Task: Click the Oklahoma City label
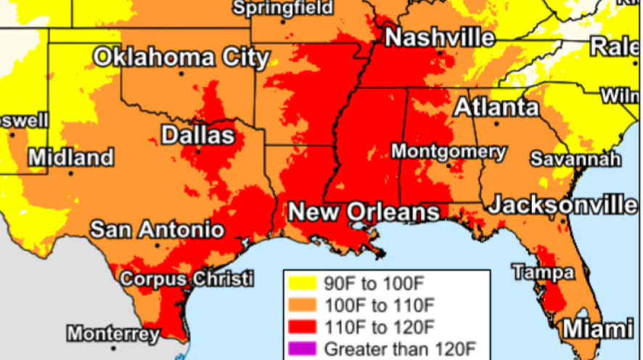click(x=181, y=57)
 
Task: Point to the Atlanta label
click(x=496, y=107)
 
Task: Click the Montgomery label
click(x=449, y=152)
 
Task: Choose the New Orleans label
click(x=364, y=213)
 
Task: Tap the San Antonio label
click(x=157, y=230)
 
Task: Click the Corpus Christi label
click(x=187, y=279)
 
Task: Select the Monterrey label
click(x=112, y=334)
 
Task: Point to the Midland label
click(x=71, y=157)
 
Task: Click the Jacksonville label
click(x=562, y=205)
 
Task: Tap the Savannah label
click(x=576, y=159)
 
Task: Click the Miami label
click(x=599, y=328)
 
